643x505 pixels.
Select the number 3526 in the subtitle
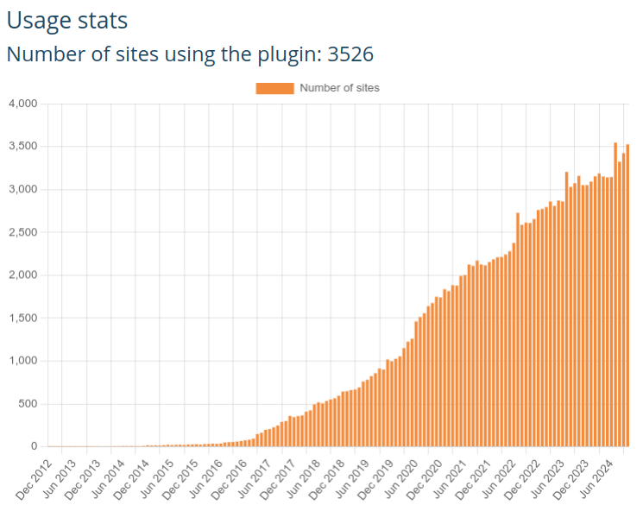[350, 54]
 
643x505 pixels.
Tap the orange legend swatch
[274, 87]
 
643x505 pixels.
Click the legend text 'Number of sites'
[339, 87]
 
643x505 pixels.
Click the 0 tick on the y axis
[35, 447]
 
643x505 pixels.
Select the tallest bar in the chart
[615, 294]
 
